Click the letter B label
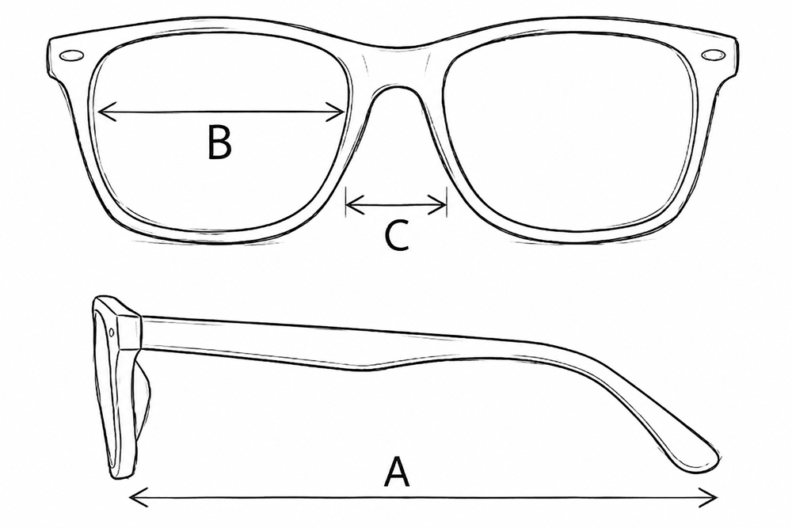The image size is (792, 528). point(219,142)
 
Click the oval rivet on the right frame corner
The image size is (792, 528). point(713,55)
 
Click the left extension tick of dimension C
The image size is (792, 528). point(345,202)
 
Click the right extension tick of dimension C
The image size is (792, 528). point(447,202)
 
